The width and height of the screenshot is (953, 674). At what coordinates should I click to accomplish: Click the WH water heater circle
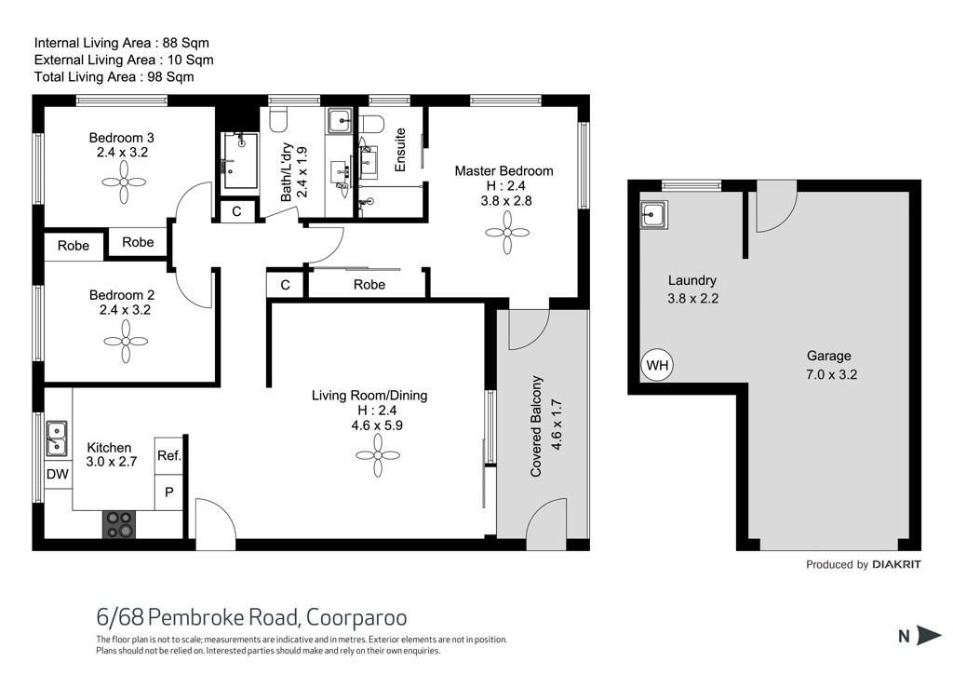point(657,365)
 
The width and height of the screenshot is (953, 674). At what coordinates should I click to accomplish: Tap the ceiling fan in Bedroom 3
point(124,182)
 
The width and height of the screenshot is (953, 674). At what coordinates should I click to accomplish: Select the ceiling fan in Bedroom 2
point(126,342)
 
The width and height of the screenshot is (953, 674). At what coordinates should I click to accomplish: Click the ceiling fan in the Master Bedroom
point(507,232)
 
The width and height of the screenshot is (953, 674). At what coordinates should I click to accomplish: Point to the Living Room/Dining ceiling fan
point(378,455)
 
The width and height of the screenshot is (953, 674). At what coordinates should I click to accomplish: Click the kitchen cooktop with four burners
point(119,524)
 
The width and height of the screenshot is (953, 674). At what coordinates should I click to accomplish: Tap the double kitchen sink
point(57,438)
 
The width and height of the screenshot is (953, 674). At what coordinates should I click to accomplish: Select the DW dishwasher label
point(58,474)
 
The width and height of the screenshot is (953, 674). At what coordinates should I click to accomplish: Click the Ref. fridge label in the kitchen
point(169,455)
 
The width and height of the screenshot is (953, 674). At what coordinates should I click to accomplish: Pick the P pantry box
point(169,492)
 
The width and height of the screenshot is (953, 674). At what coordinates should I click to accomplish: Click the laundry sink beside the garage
point(652,214)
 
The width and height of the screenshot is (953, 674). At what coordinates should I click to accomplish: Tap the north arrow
point(929,635)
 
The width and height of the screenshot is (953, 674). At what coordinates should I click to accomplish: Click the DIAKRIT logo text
point(896,564)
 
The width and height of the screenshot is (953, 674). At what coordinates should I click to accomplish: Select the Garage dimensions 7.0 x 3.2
point(831,374)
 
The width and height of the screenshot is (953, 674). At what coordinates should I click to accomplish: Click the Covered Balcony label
point(535,426)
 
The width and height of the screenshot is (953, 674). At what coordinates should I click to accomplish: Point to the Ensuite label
point(400,150)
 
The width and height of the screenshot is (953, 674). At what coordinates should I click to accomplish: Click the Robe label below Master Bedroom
point(369,285)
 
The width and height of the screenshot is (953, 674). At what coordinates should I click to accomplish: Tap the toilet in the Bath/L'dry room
point(278,120)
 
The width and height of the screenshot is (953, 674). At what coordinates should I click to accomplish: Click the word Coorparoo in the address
point(356,617)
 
